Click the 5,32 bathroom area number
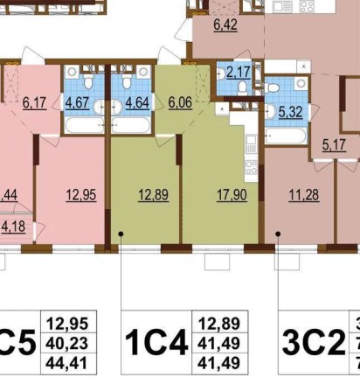tap(284, 111)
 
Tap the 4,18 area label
tap(12, 227)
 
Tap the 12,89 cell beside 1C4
tap(218, 322)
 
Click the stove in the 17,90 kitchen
tap(250, 165)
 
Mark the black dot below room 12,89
tap(121, 234)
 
